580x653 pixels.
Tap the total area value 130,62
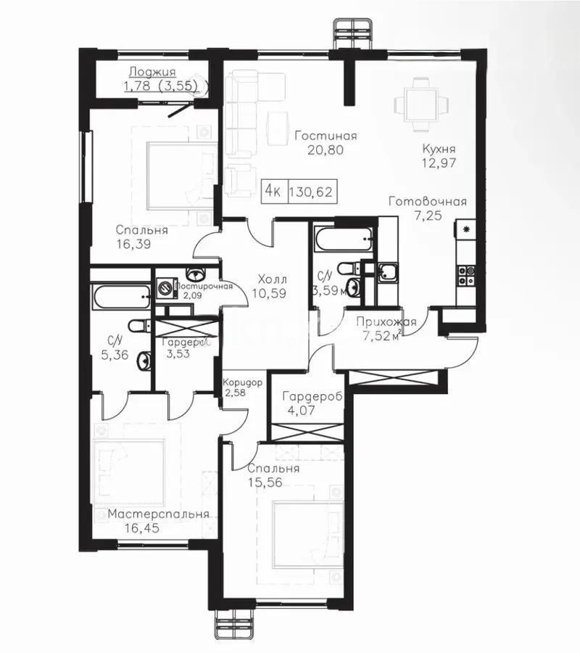tap(312, 192)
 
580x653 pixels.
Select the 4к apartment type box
tap(273, 192)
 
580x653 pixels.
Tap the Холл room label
tap(273, 279)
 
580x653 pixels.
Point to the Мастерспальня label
tap(159, 514)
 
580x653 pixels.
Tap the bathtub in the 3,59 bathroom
tap(344, 237)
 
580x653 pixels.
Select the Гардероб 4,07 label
tap(312, 398)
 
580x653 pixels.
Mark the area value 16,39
tap(133, 245)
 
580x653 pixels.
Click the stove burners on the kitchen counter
tap(465, 275)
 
